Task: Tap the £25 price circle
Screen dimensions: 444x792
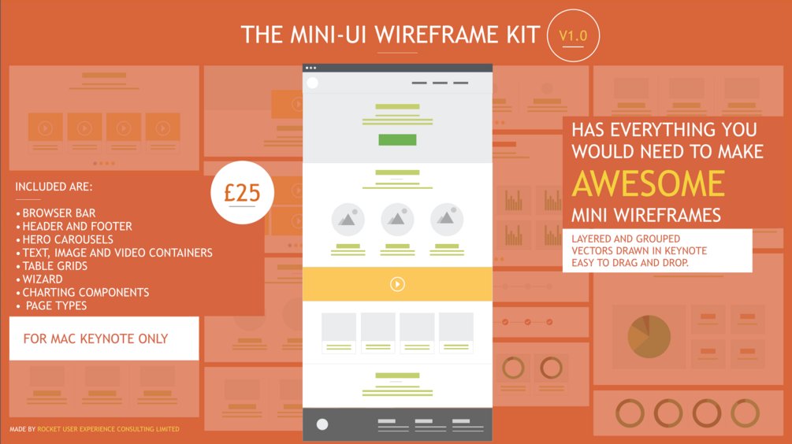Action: [x=243, y=192]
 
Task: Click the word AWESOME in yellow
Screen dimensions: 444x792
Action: [x=648, y=183]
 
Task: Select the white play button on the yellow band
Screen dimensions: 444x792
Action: [x=397, y=284]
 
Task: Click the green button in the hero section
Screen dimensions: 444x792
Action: [x=397, y=140]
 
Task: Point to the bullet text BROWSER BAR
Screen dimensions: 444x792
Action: [x=59, y=213]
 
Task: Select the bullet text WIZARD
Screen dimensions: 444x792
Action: [x=44, y=279]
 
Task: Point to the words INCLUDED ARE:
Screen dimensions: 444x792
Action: [x=54, y=187]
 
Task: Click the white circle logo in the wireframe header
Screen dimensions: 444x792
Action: [x=313, y=83]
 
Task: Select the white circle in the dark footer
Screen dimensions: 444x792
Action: [x=322, y=424]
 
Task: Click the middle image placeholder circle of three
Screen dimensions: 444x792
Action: [x=397, y=220]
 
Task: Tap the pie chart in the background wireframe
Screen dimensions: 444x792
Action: [x=649, y=335]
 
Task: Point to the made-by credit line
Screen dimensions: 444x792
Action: [x=95, y=429]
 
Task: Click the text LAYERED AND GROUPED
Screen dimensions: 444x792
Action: [x=627, y=239]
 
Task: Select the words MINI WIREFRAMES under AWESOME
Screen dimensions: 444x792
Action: [x=646, y=214]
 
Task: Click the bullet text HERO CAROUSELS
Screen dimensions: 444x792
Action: [x=68, y=239]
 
